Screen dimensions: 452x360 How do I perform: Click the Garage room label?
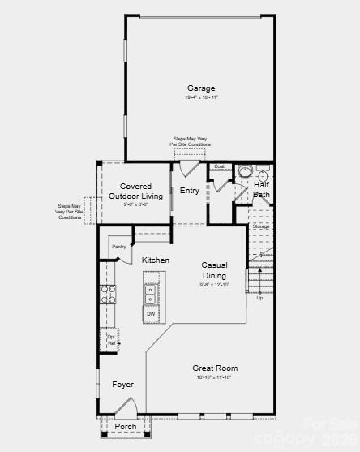(201, 88)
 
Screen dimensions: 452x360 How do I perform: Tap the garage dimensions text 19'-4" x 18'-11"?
(201, 97)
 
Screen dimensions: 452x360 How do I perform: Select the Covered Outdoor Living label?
(135, 192)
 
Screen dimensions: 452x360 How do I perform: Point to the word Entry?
(189, 191)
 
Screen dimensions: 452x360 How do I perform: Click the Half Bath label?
(261, 190)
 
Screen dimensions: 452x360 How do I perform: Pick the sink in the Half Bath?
(244, 172)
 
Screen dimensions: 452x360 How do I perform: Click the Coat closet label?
(219, 167)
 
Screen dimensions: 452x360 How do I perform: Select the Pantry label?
(118, 246)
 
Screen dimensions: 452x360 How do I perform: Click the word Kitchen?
(156, 260)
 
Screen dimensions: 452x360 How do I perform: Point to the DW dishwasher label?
(151, 313)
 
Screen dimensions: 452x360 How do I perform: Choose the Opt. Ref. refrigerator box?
(111, 340)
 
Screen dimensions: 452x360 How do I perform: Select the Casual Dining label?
(215, 270)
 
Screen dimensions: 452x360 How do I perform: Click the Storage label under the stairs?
(260, 226)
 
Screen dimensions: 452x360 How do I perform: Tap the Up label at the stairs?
(259, 298)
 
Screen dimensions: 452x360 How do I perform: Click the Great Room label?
(215, 368)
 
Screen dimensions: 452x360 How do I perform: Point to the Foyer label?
(122, 385)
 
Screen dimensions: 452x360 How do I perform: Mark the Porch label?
(125, 426)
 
